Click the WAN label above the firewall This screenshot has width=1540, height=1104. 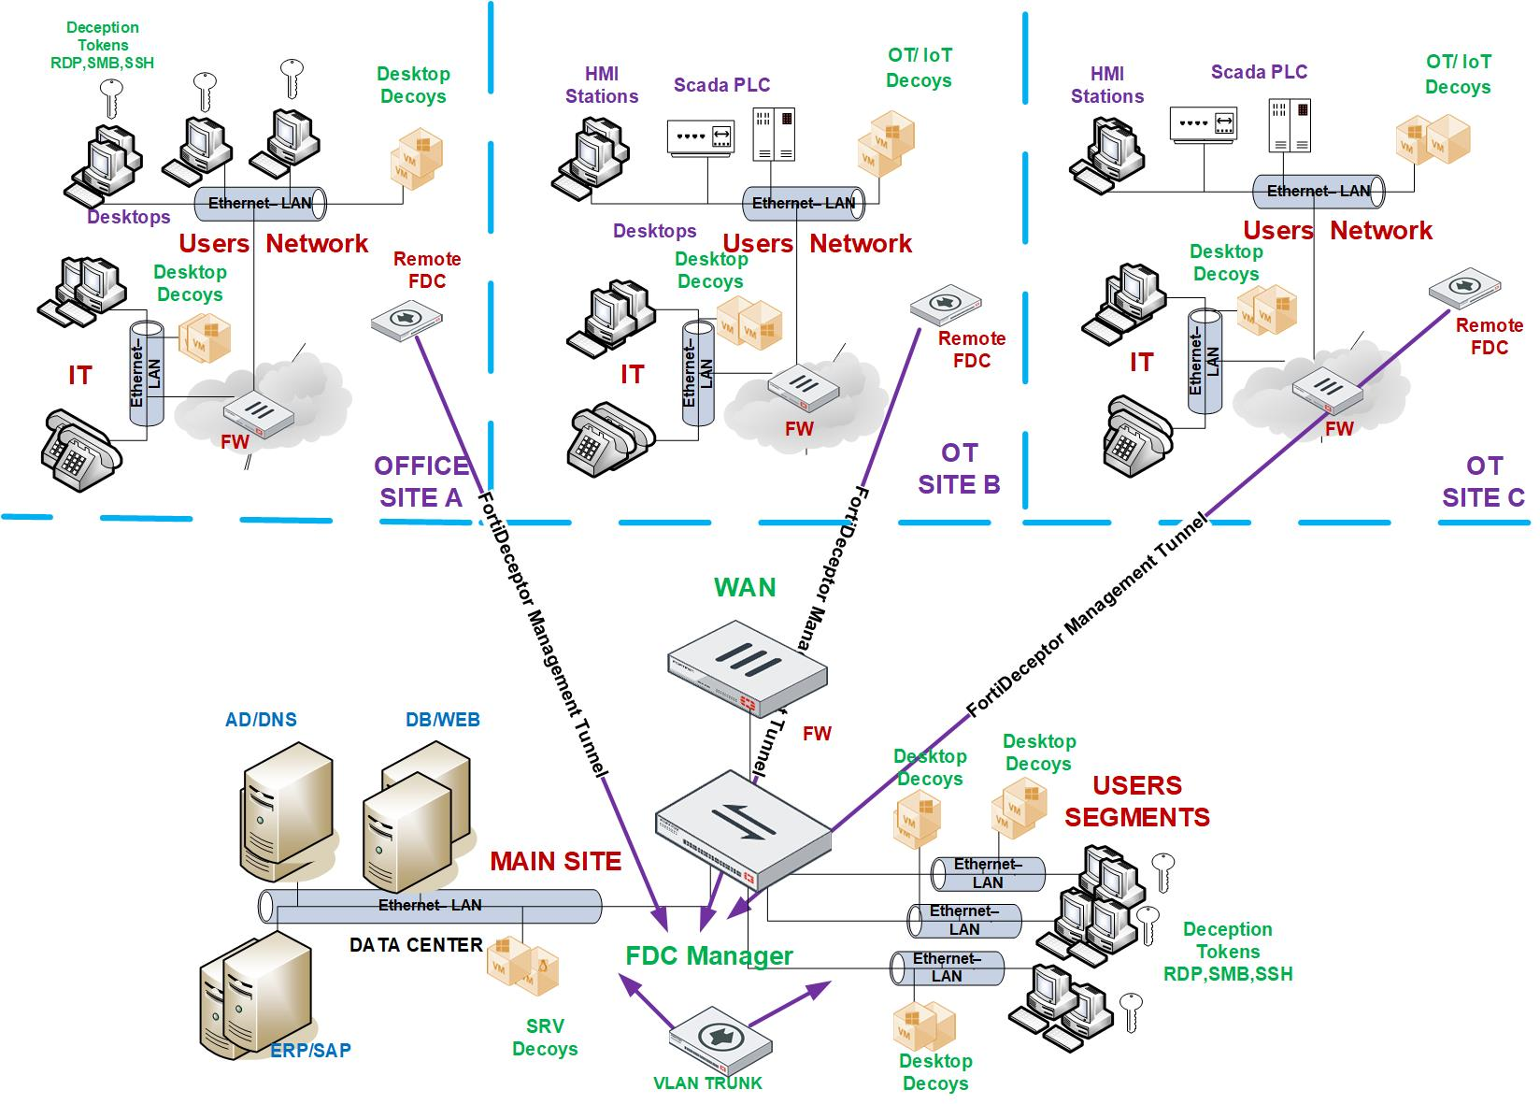[x=745, y=588]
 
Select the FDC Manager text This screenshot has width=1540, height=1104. [x=709, y=955]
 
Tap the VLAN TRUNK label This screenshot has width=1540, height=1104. [x=707, y=1083]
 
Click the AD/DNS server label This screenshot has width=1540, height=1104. [x=261, y=719]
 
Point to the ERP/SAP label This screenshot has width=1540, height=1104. [x=310, y=1050]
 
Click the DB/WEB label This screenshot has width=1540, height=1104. [x=442, y=719]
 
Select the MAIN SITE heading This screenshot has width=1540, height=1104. [x=555, y=861]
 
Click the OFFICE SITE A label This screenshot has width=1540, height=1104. [x=421, y=481]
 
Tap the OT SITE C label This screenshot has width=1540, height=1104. [x=1483, y=481]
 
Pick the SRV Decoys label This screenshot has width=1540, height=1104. [x=545, y=1038]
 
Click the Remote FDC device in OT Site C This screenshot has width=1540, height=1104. [x=1464, y=291]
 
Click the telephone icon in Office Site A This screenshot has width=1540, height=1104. [x=81, y=449]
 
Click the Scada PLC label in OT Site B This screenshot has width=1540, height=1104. [x=721, y=85]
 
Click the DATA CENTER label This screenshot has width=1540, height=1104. [x=416, y=945]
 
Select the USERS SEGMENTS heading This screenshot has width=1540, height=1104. [x=1136, y=801]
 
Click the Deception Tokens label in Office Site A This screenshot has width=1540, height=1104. [x=103, y=45]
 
